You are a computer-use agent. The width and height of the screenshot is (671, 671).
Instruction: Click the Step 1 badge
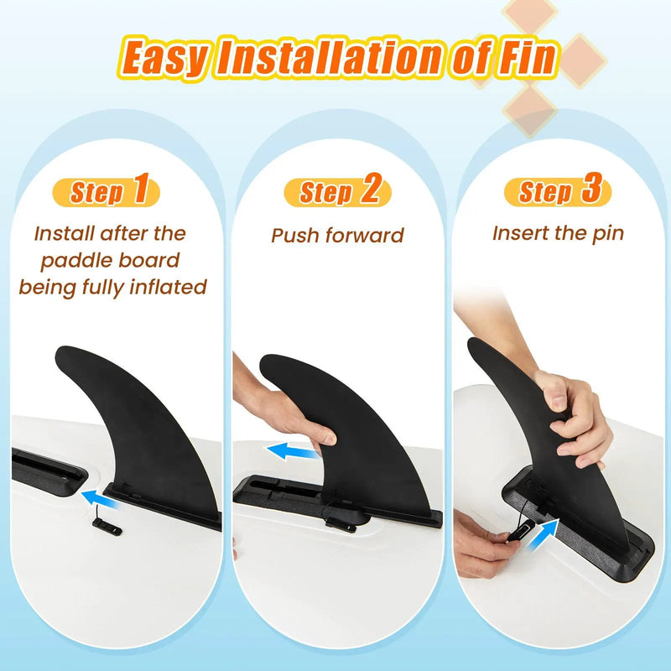[x=106, y=191]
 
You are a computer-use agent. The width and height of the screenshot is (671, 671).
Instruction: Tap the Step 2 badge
[x=338, y=191]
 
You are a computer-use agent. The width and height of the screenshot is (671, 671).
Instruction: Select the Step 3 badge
[x=558, y=191]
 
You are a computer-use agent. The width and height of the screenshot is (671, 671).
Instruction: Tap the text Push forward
[x=338, y=236]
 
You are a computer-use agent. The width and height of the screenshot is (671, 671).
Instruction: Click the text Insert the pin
[x=558, y=234]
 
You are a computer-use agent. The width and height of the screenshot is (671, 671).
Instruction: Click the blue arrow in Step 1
[x=100, y=499]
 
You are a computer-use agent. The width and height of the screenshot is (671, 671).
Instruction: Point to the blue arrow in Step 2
[x=294, y=451]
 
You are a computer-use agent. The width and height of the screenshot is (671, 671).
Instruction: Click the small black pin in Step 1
[x=107, y=527]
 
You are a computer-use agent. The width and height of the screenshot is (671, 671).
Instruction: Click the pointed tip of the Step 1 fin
[x=59, y=352]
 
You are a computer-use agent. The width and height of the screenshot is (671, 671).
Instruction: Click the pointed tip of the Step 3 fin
[x=472, y=343]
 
